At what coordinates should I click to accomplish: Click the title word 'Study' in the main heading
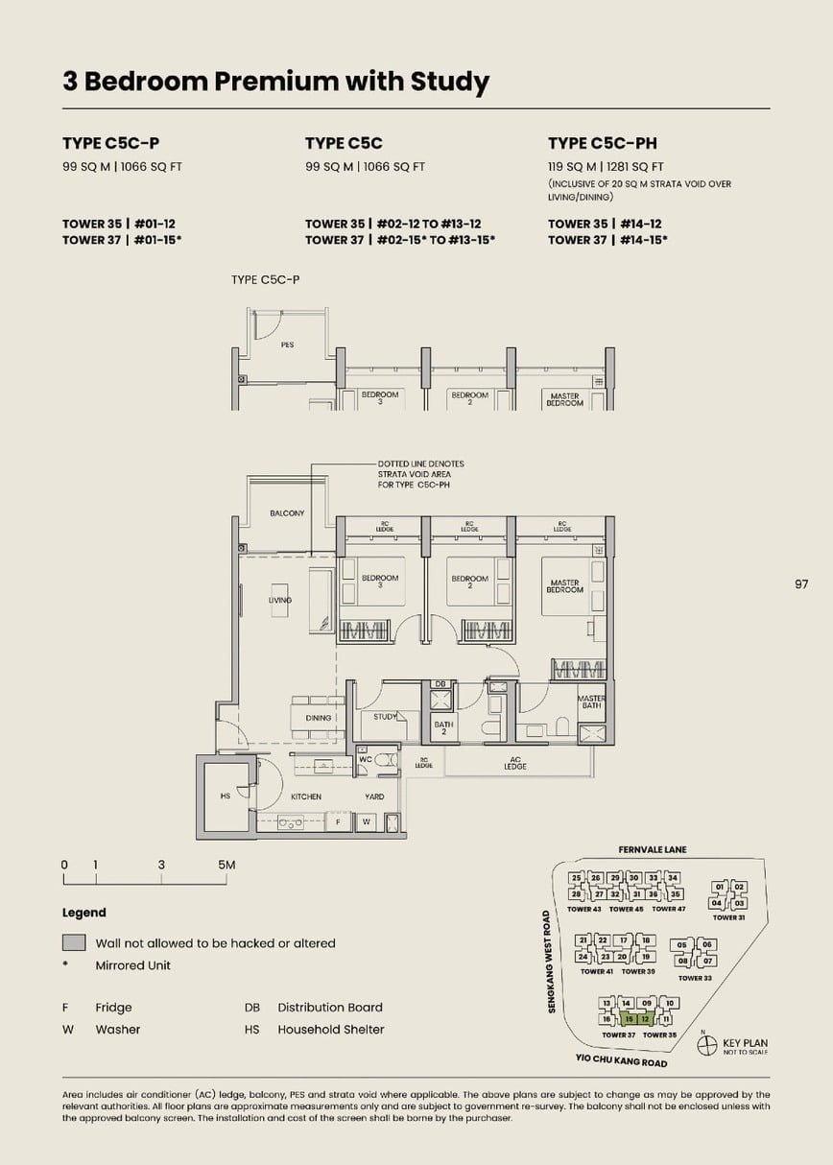pyautogui.click(x=449, y=82)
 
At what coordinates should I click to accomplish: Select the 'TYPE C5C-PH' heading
pyautogui.click(x=602, y=143)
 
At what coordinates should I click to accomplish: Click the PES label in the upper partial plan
pyautogui.click(x=287, y=345)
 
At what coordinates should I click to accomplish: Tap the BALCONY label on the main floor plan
pyautogui.click(x=287, y=513)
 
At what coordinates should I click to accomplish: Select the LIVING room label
pyautogui.click(x=280, y=600)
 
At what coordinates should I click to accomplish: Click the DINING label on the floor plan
pyautogui.click(x=318, y=718)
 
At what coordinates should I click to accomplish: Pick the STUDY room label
pyautogui.click(x=386, y=717)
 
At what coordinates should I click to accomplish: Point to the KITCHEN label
pyautogui.click(x=306, y=796)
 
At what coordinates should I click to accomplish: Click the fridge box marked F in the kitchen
pyautogui.click(x=338, y=822)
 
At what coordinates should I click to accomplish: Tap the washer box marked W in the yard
pyautogui.click(x=366, y=822)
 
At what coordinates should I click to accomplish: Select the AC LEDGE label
pyautogui.click(x=515, y=763)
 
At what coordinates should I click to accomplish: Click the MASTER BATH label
pyautogui.click(x=591, y=702)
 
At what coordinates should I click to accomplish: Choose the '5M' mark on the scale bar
pyautogui.click(x=226, y=865)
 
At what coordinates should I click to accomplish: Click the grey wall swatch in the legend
pyautogui.click(x=74, y=943)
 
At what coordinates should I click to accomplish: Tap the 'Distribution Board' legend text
pyautogui.click(x=329, y=1008)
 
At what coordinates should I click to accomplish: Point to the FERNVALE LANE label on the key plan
pyautogui.click(x=653, y=849)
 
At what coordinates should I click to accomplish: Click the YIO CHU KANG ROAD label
pyautogui.click(x=621, y=1062)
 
